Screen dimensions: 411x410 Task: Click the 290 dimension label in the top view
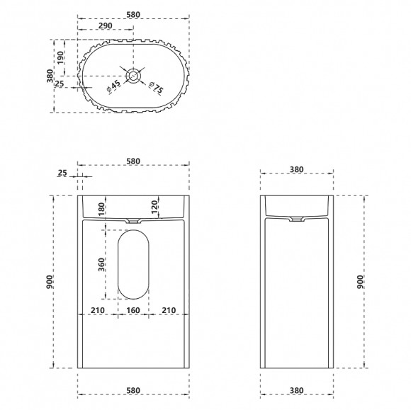106,25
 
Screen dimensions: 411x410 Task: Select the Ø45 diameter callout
114,86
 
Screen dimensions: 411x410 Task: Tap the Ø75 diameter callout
156,88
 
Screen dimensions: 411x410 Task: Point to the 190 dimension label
60,59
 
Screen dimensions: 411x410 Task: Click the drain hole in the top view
133,76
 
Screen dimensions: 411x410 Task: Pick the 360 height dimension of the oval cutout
101,264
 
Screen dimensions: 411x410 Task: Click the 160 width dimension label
133,310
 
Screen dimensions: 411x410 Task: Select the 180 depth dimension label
102,209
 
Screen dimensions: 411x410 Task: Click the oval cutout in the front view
133,264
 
